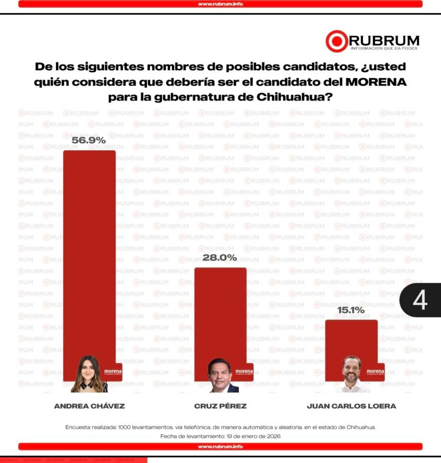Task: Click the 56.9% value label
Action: click(x=89, y=140)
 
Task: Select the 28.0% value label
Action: click(x=219, y=257)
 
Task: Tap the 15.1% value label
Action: click(x=351, y=310)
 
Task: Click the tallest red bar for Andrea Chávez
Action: click(x=89, y=246)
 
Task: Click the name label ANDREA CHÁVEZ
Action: click(x=89, y=406)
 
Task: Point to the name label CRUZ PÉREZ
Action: click(x=220, y=406)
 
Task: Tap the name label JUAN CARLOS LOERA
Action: click(x=351, y=406)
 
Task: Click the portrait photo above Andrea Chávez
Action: click(x=89, y=374)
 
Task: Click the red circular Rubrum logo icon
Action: click(x=336, y=42)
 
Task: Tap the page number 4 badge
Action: click(x=419, y=300)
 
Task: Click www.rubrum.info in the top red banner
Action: click(x=220, y=4)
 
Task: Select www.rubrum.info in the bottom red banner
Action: click(x=220, y=447)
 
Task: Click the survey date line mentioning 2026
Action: click(x=220, y=436)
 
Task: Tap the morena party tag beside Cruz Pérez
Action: click(x=244, y=371)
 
